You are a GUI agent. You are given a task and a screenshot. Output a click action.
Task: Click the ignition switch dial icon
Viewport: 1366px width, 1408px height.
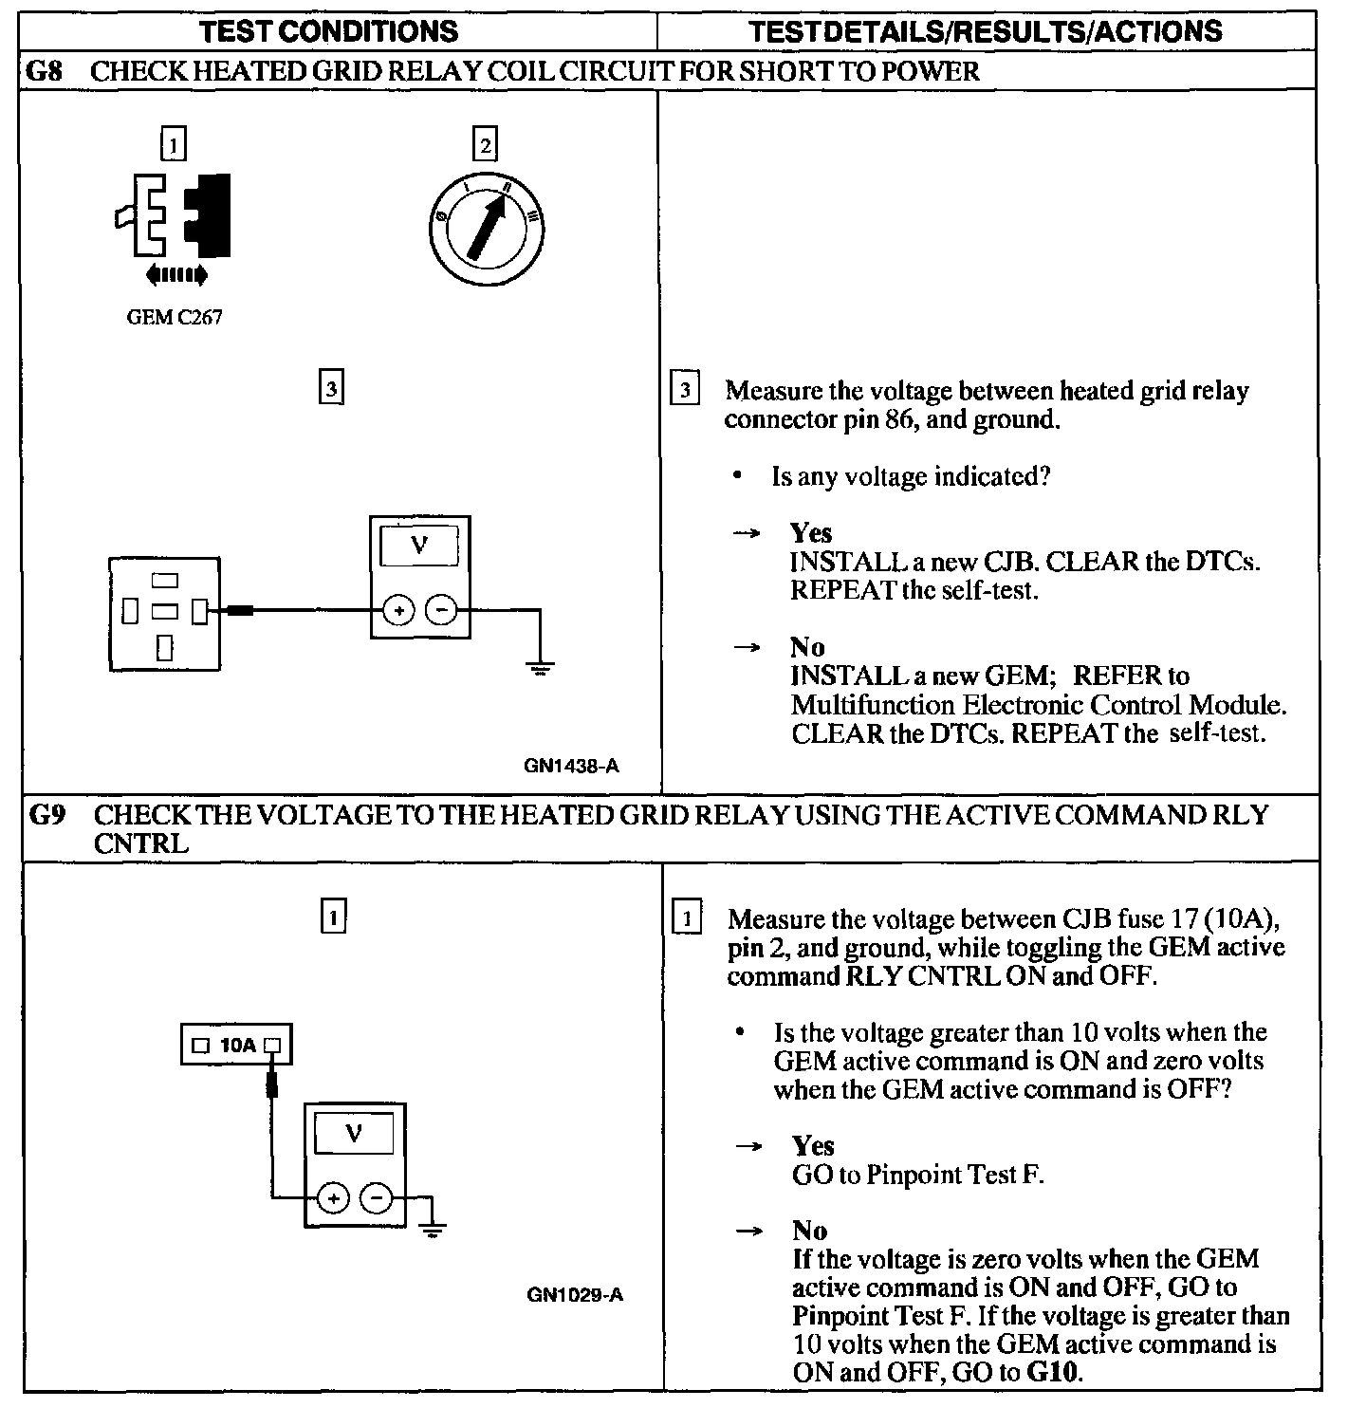click(x=486, y=229)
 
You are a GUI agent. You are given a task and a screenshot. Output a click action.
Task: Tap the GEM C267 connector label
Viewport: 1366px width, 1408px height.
click(x=174, y=318)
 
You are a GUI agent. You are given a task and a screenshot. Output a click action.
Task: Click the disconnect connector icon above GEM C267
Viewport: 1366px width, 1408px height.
click(x=173, y=216)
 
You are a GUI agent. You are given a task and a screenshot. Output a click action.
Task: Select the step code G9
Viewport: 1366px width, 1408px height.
click(x=47, y=815)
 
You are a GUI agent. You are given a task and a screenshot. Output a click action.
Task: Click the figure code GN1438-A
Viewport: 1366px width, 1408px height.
click(x=571, y=766)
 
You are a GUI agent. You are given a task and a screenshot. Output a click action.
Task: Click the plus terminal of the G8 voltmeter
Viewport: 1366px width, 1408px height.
click(x=399, y=610)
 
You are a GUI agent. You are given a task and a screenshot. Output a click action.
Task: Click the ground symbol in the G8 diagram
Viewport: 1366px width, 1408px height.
click(x=540, y=669)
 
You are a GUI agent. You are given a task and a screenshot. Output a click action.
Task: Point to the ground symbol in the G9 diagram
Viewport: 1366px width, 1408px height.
click(x=433, y=1231)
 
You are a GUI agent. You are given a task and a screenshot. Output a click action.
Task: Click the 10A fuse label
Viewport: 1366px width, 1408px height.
click(x=237, y=1045)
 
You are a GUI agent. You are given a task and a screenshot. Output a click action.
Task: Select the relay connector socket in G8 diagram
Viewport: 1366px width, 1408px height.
click(x=165, y=614)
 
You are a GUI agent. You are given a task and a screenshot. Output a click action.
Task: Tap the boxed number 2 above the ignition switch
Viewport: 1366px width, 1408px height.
click(x=485, y=145)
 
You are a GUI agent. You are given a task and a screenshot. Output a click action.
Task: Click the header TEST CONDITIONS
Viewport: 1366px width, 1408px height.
click(x=330, y=31)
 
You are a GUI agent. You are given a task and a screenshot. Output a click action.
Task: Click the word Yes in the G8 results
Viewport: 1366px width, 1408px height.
click(x=810, y=533)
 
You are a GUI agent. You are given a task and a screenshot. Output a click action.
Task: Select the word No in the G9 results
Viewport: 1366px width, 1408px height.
click(x=810, y=1231)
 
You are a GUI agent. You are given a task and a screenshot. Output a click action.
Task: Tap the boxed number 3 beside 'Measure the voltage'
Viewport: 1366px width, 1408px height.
click(x=685, y=391)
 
